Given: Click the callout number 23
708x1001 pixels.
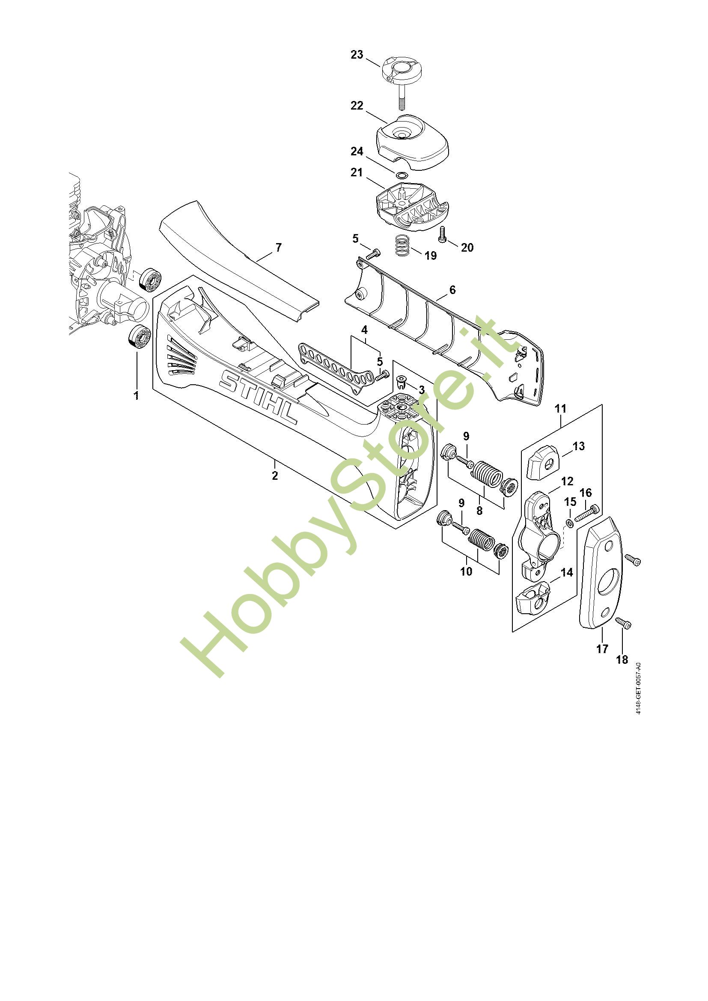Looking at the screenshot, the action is click(x=357, y=55).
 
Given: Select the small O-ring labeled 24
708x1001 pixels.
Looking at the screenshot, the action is click(x=402, y=175).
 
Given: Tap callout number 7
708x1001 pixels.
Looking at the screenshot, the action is click(x=278, y=247).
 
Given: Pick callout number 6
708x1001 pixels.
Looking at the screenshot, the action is click(x=452, y=289).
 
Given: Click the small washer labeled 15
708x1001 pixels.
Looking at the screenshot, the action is click(x=570, y=522).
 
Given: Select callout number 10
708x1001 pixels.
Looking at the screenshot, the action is click(x=466, y=571).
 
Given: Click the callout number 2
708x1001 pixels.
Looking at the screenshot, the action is click(x=275, y=475).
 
